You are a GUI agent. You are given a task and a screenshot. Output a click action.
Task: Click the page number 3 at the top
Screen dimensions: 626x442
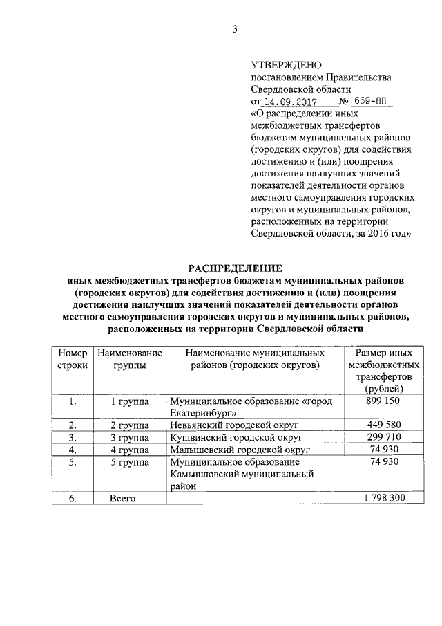pos(234,28)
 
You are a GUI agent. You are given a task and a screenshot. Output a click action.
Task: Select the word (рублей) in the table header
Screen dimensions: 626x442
pos(385,388)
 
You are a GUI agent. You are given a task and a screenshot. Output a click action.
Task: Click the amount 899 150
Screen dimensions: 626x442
pos(385,401)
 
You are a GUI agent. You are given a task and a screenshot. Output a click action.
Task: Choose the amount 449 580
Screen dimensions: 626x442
pos(385,424)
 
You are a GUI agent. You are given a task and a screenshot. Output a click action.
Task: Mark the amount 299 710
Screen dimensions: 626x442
pos(385,436)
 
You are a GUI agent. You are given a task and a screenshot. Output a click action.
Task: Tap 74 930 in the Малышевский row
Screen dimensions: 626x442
pos(385,449)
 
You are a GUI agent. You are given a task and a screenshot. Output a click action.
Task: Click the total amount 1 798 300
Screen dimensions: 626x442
pos(385,498)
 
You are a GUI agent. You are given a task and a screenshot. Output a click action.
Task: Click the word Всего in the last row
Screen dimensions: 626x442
pos(122,498)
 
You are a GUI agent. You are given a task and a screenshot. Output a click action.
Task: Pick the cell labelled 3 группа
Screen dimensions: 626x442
pos(130,437)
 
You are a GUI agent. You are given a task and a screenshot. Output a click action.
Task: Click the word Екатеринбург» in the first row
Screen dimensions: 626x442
pos(204,413)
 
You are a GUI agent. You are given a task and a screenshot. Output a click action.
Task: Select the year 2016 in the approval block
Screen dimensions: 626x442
pos(378,234)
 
